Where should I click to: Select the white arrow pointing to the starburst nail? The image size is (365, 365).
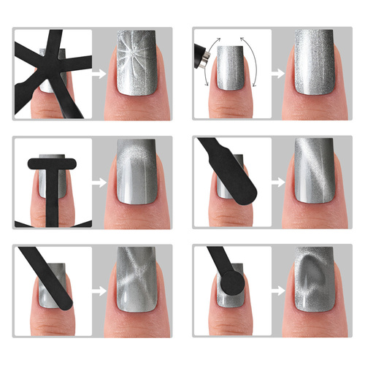(x=99, y=72)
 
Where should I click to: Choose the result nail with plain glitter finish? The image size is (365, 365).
(x=315, y=64)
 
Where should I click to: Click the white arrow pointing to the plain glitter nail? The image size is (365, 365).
(x=277, y=72)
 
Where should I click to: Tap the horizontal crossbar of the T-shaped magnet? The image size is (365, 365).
(x=52, y=161)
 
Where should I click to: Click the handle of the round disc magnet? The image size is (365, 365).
(x=217, y=259)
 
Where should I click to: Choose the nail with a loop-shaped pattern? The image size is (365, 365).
(x=315, y=281)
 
